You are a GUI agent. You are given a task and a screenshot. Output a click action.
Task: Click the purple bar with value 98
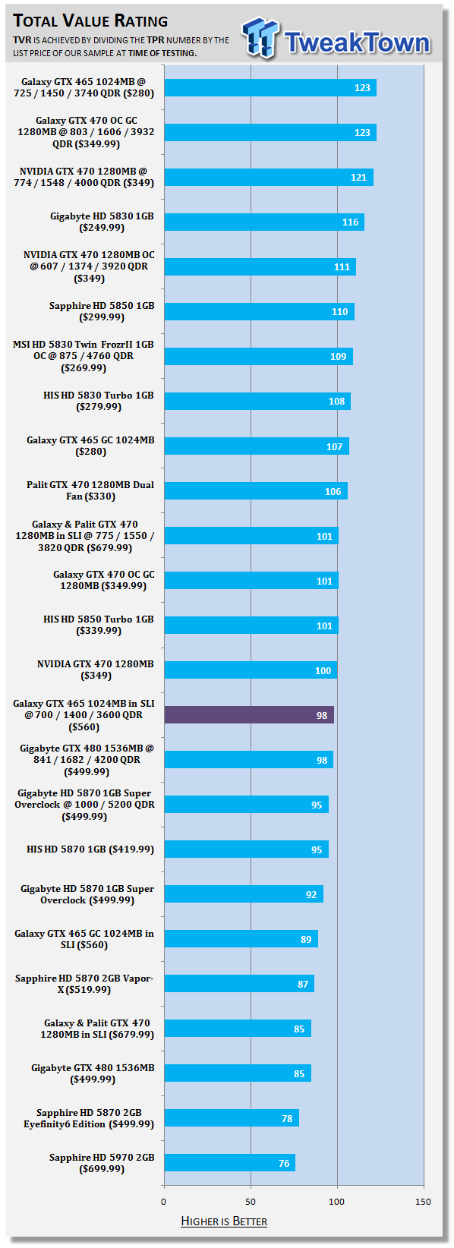click(249, 715)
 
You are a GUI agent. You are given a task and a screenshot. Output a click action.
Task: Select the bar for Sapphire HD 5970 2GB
click(229, 1163)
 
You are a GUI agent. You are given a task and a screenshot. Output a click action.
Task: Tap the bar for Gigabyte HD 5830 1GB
click(264, 222)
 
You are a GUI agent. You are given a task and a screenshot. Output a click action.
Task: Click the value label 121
click(359, 177)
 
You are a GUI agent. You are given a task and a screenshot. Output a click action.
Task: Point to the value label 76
click(284, 1163)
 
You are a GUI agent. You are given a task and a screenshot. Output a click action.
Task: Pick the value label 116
click(351, 222)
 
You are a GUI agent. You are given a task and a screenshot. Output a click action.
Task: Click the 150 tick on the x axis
click(423, 1202)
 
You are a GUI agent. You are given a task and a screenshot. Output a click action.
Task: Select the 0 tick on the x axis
click(163, 1202)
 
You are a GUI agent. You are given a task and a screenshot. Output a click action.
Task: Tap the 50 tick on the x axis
click(251, 1202)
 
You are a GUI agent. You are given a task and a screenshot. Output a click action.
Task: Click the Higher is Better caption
click(224, 1221)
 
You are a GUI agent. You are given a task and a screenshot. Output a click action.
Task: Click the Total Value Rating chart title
click(90, 20)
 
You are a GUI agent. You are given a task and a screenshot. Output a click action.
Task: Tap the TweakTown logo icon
click(260, 37)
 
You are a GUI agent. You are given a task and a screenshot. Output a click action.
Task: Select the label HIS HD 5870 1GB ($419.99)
click(90, 849)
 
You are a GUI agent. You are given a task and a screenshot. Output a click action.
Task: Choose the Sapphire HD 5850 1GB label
click(102, 311)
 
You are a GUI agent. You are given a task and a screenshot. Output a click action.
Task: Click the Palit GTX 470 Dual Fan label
click(90, 490)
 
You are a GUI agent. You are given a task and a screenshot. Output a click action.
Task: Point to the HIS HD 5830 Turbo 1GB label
click(99, 401)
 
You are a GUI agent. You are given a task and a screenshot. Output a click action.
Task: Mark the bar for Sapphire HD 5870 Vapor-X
click(239, 983)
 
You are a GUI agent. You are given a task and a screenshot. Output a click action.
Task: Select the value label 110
click(340, 311)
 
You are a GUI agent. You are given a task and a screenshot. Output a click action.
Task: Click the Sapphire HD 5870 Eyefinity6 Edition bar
click(232, 1117)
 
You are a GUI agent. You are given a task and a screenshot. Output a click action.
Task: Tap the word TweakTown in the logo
click(358, 43)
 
